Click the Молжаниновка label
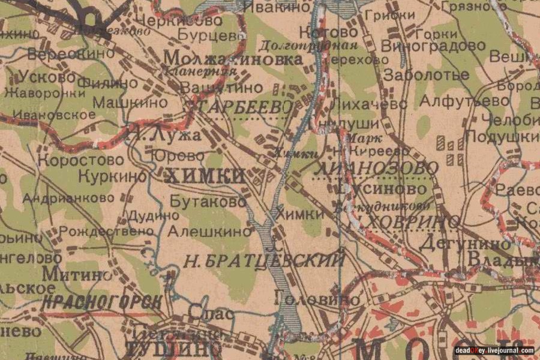click(233, 59)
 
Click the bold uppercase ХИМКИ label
click(205, 175)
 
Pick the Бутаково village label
click(208, 202)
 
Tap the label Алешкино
click(209, 230)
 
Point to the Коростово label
click(81, 160)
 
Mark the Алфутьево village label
click(464, 101)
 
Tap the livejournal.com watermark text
click(494, 350)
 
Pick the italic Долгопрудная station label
click(308, 45)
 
